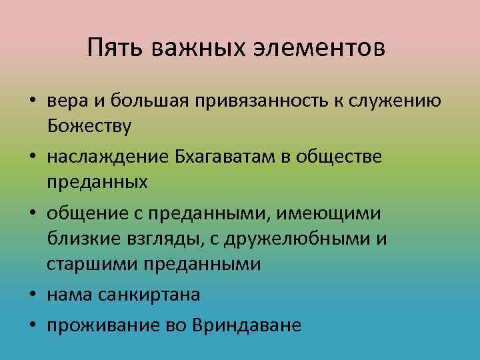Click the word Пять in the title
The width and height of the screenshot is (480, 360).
tap(117, 48)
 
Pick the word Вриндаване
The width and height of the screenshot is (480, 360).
tap(246, 325)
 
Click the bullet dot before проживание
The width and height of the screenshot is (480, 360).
tap(32, 325)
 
